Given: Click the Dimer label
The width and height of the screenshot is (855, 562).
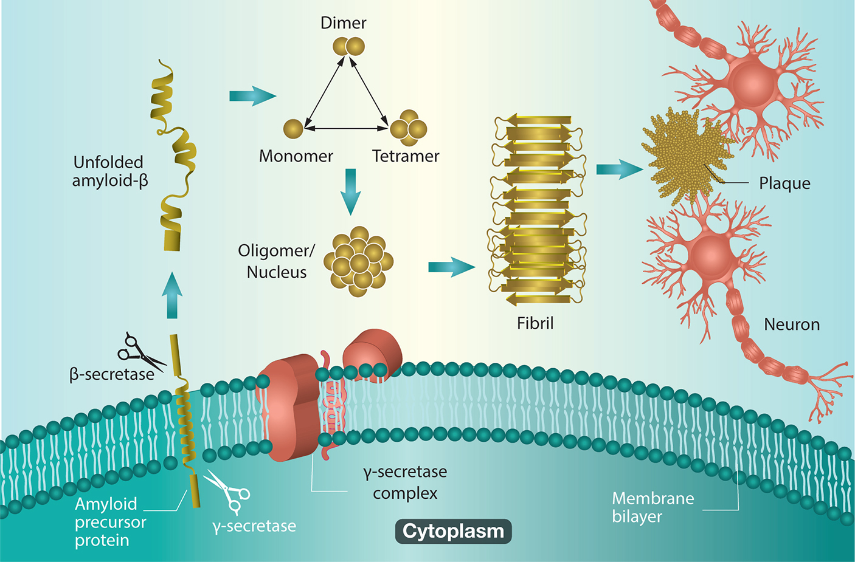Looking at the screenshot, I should coord(343,23).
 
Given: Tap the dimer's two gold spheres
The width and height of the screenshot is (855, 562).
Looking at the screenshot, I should coord(348,46).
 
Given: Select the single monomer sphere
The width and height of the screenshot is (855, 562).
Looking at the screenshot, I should coord(293,129).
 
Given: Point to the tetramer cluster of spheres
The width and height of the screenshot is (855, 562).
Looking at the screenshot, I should coord(409,128).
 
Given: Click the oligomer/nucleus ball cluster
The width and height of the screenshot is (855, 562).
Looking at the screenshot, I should coord(358,261).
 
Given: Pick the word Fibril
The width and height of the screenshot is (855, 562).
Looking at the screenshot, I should coord(535,323).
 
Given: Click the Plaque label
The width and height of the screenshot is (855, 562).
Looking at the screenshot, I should coord(784,183).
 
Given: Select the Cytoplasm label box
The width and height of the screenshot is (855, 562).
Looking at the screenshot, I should coord(453,531).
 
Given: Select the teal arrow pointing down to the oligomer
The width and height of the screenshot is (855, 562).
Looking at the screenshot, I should coord(350,191).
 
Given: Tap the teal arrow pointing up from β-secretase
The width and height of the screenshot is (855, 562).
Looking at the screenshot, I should coord(172,295).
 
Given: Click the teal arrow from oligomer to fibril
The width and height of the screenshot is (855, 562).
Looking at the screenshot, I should coord(451,267).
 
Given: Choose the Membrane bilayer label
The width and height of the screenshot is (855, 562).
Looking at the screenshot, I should coord(652,507).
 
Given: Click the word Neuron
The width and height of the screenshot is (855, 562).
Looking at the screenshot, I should coord(792,324).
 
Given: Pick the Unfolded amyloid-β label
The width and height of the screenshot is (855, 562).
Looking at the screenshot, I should coord(109,171).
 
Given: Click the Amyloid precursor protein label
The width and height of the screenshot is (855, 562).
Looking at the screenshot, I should coord(110,522).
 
